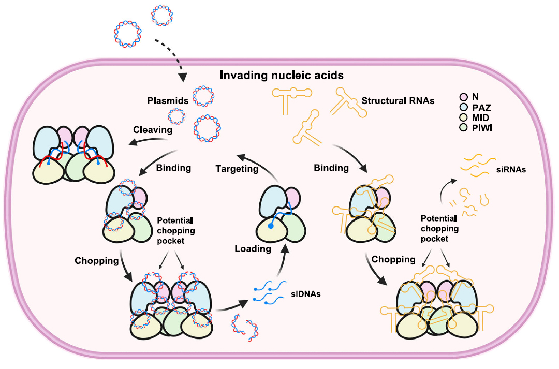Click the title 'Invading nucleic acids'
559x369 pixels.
coord(282,76)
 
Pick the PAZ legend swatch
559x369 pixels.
coord(464,107)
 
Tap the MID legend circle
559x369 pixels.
coord(464,117)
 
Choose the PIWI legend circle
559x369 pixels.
coord(464,127)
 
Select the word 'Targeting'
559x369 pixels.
coord(237,168)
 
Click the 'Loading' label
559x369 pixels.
coord(253,248)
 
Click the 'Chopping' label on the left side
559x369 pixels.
coord(97,260)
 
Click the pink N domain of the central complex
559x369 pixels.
coord(291,199)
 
